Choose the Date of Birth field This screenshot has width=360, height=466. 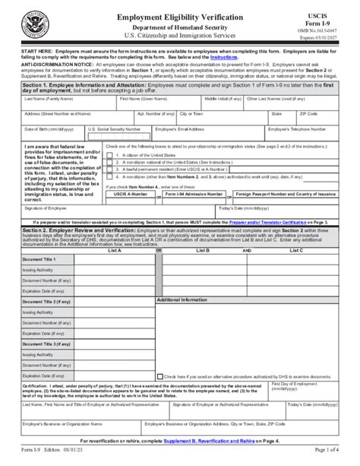coord(52,135)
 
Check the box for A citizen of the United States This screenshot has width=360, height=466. coord(110,154)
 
